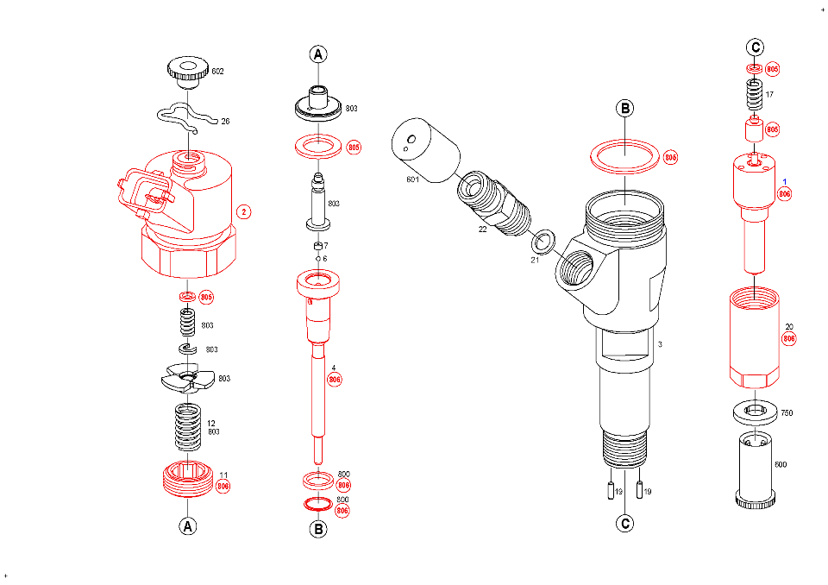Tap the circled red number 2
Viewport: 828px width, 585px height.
[244, 211]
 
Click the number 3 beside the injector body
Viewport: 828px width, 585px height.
[660, 344]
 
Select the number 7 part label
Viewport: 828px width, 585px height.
[325, 246]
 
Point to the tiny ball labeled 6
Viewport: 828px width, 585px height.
[318, 259]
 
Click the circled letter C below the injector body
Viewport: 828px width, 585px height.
[624, 523]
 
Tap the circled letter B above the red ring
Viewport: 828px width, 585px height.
[624, 109]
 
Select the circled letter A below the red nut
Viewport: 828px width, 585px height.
[187, 525]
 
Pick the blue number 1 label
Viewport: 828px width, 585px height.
[785, 182]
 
